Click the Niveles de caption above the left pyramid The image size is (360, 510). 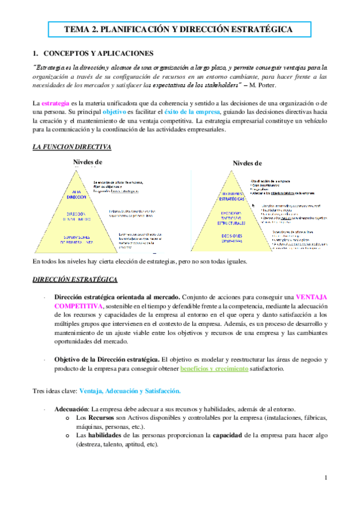(88, 161)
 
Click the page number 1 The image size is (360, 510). (325, 478)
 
